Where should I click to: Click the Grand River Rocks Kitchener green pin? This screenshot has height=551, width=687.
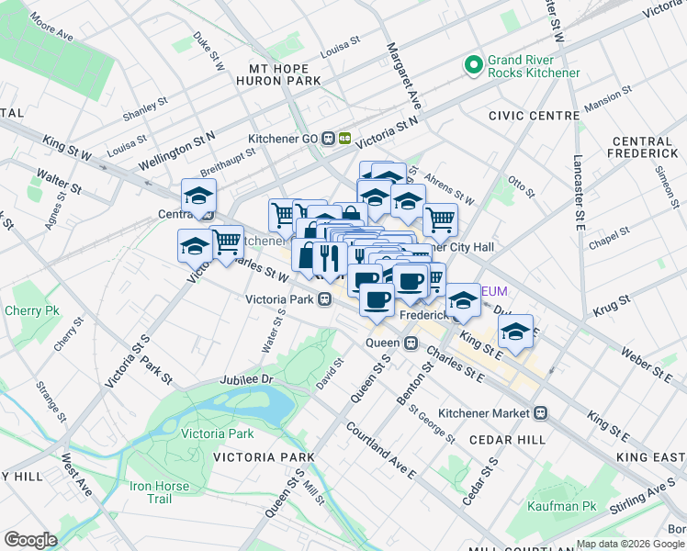point(474,65)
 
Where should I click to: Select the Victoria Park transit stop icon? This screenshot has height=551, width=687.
point(325,299)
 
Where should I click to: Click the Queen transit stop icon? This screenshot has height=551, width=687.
point(411,343)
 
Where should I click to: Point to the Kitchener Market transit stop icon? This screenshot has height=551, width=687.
point(542,413)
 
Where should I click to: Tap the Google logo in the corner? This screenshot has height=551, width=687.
point(30,539)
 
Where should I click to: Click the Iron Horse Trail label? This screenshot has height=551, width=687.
point(161,492)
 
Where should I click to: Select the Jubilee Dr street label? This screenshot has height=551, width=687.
point(247,379)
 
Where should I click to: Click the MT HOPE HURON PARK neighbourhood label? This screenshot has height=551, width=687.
point(285,74)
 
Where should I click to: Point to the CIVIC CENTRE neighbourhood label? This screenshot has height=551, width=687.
point(534,116)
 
